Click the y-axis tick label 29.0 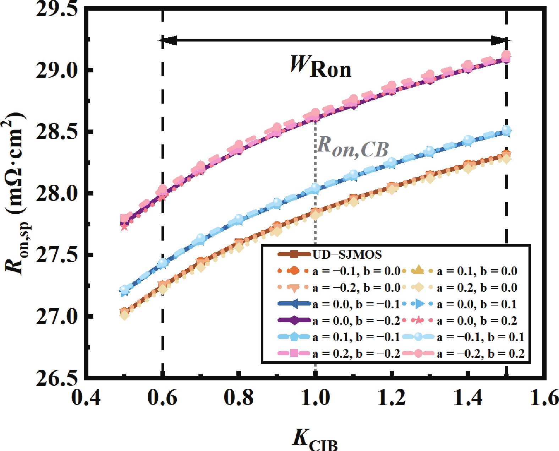57,70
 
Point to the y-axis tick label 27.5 57,255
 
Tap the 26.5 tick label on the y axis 57,378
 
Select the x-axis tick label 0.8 239,398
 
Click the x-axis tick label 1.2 391,398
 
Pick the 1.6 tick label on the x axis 544,398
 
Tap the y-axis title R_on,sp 16,193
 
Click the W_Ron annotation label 321,67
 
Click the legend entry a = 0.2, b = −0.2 356,353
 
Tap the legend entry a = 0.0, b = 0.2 476,320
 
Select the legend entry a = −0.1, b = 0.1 480,337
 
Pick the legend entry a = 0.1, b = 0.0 476,271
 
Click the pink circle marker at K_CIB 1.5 506,55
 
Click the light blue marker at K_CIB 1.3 430,151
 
